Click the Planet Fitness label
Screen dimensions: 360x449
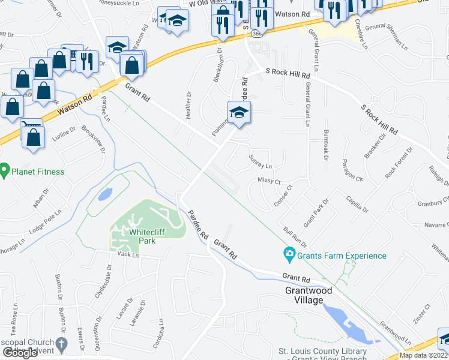coord(39,172)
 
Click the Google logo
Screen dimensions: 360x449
coord(20,353)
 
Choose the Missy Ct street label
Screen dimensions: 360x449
coord(269,180)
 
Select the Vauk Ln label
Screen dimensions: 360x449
coord(128,256)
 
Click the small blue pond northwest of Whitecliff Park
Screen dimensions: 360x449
coord(104,194)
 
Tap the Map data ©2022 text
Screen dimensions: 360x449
coord(423,355)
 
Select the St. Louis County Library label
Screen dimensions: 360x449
coord(322,352)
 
